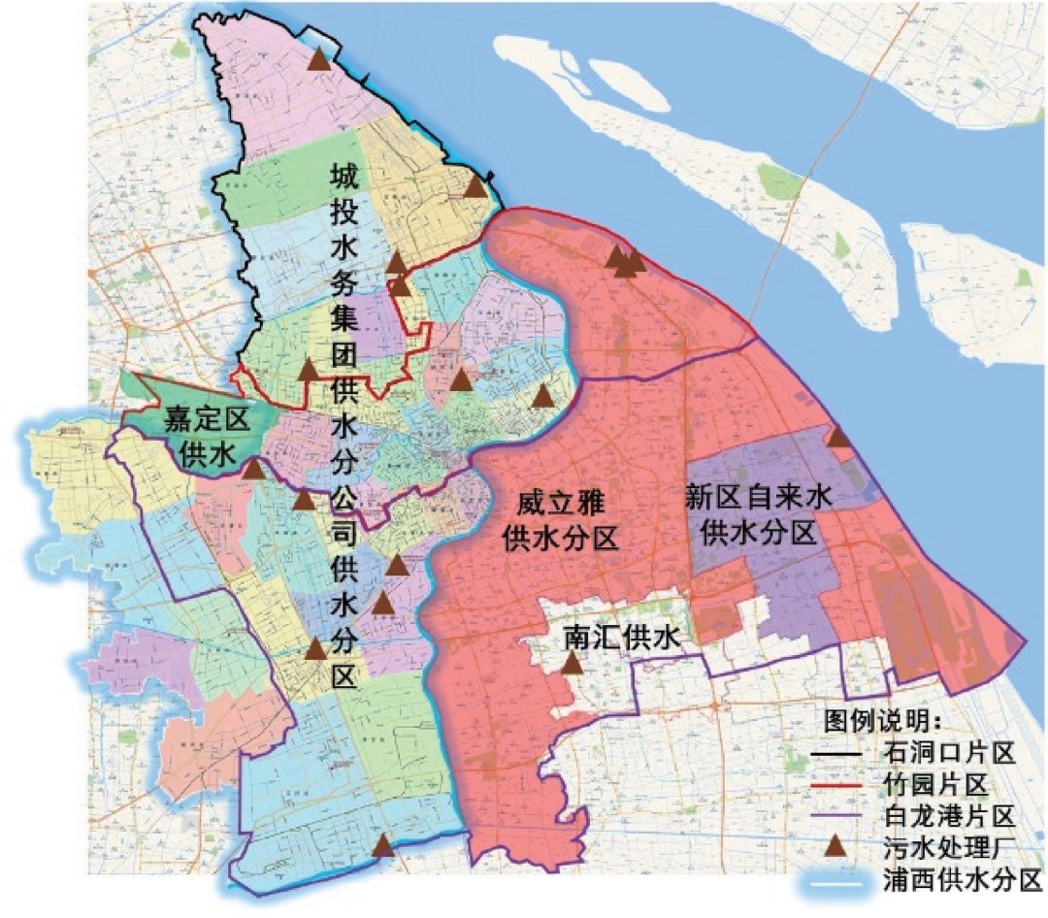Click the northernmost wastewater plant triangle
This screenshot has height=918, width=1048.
coord(318,60)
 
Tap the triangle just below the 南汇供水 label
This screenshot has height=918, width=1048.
coord(573,665)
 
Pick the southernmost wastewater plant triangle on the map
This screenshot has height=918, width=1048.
coord(384,846)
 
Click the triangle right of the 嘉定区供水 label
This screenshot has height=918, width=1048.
coord(253,471)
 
